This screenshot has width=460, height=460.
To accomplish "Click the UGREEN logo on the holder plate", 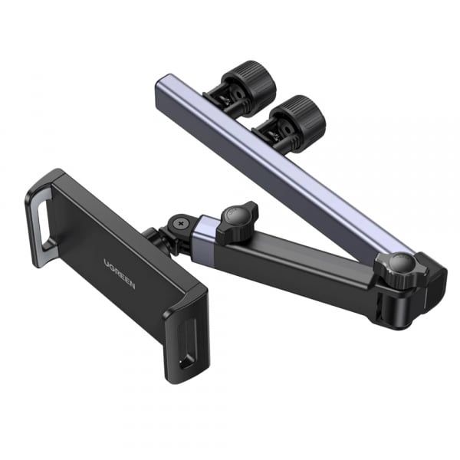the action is coord(120,274).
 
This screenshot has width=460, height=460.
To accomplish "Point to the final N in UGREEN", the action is coord(132,285).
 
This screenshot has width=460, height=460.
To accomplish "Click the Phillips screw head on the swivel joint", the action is coord(179,224).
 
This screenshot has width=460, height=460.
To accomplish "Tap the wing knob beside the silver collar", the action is coord(237,223).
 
